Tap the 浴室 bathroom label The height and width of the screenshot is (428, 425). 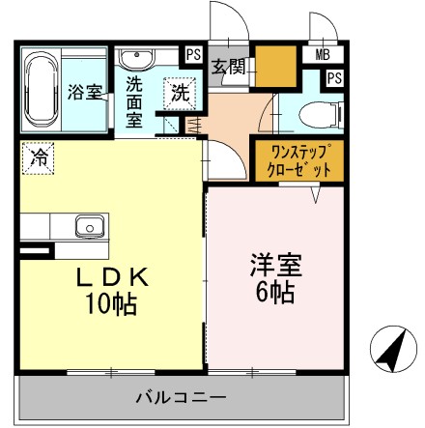coord(85,93)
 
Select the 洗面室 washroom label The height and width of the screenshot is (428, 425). coord(135,101)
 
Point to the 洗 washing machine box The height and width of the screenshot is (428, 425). coord(179,94)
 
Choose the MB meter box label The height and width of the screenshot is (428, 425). coord(320,55)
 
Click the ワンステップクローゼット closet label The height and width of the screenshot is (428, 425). coord(297,157)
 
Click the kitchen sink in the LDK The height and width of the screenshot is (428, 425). coord(89,226)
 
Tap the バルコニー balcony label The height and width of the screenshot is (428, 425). coord(181,395)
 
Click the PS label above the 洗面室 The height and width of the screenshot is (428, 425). coord(192,54)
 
